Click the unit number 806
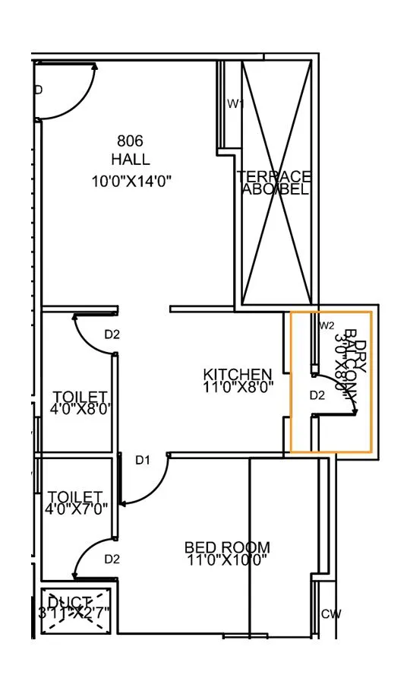point(130,141)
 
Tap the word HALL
point(130,160)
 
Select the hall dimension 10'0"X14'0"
point(131,181)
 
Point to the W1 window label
point(235,103)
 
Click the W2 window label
point(326,325)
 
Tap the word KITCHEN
point(238,374)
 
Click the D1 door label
point(143,459)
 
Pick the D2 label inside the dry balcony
point(317,395)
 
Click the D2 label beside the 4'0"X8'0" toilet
point(112,334)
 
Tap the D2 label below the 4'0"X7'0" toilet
point(112,559)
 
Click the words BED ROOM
point(227,547)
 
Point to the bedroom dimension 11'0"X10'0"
point(227,560)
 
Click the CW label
point(330,614)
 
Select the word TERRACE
point(274,176)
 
